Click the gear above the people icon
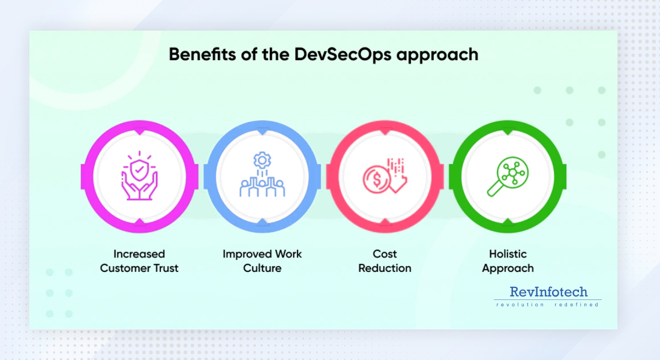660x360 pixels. coord(262,160)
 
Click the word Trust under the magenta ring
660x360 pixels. coord(164,268)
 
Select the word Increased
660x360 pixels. coord(139,254)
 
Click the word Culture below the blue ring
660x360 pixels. coord(262,268)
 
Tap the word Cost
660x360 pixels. coord(385,254)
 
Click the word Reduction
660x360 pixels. coord(385,268)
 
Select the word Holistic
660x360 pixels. coord(507,254)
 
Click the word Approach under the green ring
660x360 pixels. coord(508,268)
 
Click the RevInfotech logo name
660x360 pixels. coord(548,292)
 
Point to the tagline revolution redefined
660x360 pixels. coord(547,305)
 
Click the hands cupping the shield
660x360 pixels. coord(139,188)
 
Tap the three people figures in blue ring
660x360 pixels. coord(262,187)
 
